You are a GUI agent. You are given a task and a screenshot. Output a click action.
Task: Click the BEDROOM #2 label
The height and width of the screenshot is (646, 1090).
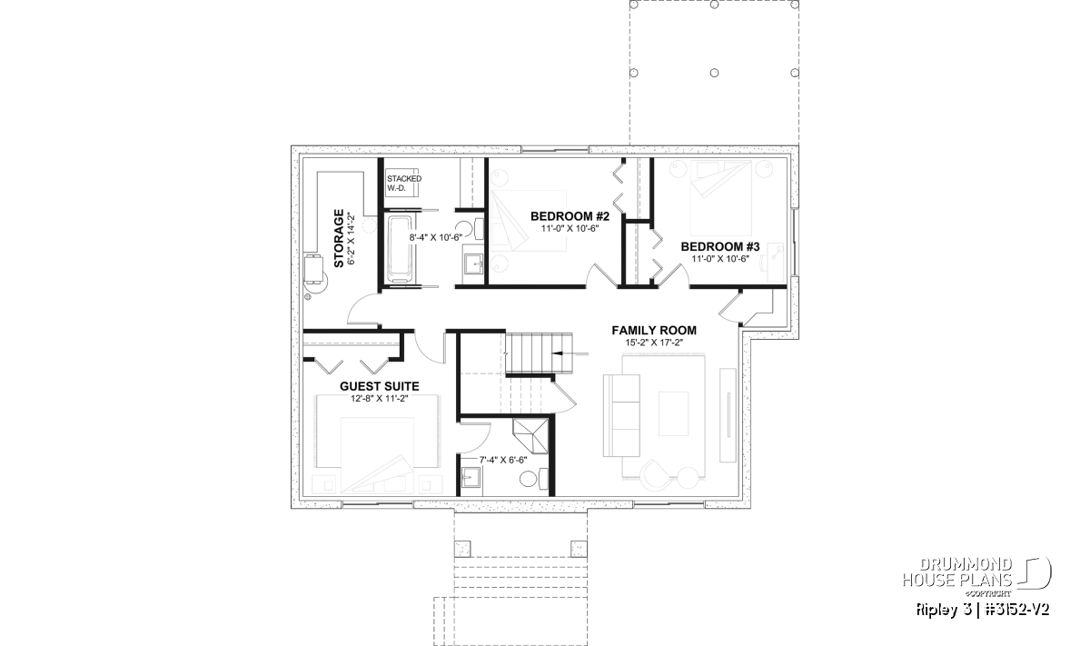[570, 216]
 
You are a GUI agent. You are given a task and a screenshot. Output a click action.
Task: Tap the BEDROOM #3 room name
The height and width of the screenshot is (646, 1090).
[720, 247]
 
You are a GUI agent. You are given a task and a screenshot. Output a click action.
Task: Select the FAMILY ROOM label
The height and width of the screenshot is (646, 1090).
[654, 331]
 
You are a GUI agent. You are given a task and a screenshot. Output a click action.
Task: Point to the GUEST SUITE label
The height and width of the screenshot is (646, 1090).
[379, 386]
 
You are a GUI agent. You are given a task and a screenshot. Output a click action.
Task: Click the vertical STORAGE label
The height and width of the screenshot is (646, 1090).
[339, 238]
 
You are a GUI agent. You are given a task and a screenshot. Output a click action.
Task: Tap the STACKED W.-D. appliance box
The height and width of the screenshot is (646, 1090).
[402, 183]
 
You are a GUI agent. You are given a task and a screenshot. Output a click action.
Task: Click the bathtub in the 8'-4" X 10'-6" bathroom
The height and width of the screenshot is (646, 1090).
[400, 249]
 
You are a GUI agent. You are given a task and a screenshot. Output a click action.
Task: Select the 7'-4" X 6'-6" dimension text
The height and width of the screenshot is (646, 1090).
[503, 460]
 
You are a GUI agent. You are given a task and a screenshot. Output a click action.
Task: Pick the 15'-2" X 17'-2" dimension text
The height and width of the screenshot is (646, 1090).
[654, 343]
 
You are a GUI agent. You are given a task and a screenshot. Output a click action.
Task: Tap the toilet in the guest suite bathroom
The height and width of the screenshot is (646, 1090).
[534, 478]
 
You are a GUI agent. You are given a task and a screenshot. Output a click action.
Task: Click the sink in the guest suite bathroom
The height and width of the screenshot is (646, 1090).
[471, 477]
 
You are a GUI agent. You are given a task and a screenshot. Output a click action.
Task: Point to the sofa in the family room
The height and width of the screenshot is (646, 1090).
[621, 416]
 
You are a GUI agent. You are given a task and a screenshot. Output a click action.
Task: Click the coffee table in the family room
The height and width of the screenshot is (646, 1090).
[674, 413]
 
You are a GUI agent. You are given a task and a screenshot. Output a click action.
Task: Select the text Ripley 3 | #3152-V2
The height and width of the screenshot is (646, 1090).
[983, 610]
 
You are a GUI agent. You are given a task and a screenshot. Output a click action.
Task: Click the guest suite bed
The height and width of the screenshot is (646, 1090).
[378, 454]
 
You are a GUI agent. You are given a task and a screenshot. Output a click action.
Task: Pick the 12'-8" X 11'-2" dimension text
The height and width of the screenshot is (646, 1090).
[379, 399]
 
